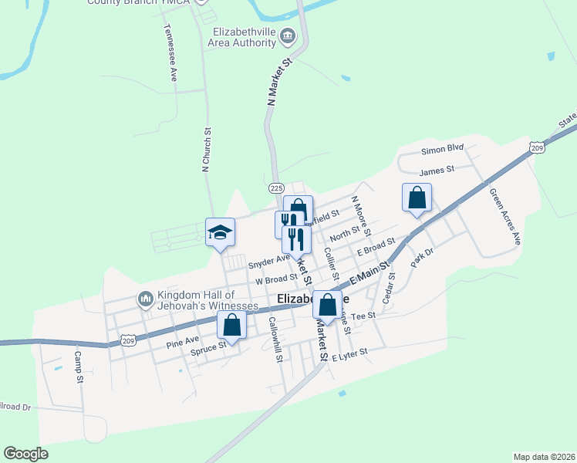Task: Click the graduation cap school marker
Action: [x=220, y=231]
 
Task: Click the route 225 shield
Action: [x=278, y=188]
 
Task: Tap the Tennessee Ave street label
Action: [x=170, y=52]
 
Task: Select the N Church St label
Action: [x=206, y=150]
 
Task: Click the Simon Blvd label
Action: [x=442, y=148]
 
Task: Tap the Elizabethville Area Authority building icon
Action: [x=288, y=35]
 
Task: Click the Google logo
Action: [x=25, y=454]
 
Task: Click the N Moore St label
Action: [x=361, y=215]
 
